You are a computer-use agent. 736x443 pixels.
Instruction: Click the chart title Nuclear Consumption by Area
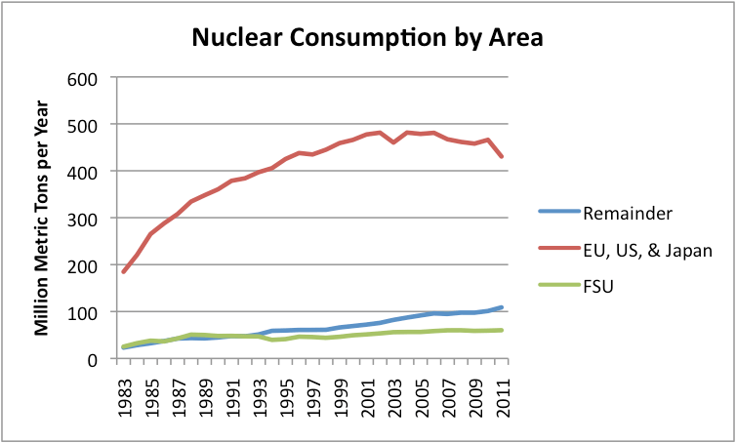click(x=367, y=38)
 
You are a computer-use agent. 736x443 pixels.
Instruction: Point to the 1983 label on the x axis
click(x=124, y=391)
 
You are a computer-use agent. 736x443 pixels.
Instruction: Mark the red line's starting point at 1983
click(x=123, y=271)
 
